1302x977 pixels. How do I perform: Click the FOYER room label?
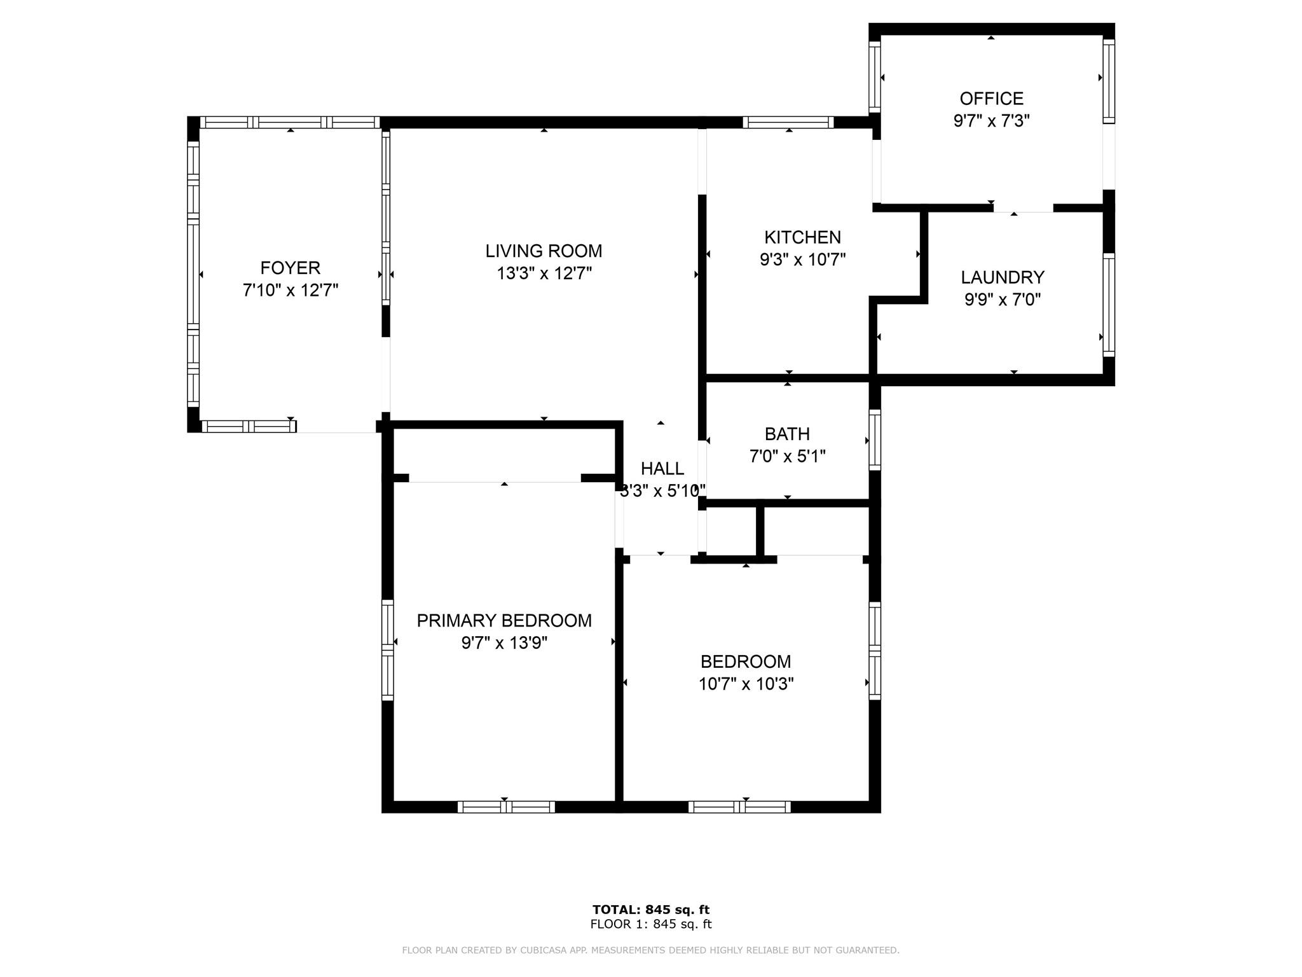[x=290, y=268]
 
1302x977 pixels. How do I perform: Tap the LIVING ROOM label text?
[x=544, y=251]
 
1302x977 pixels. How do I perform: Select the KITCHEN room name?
[x=802, y=237]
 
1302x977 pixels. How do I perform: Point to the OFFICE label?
[x=991, y=99]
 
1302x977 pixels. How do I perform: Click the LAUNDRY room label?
[x=1003, y=277]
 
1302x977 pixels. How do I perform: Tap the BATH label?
[x=787, y=434]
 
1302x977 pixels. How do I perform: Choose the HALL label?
[x=662, y=469]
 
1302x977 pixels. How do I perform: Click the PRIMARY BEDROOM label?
[x=504, y=621]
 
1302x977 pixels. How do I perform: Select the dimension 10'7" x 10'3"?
[x=746, y=684]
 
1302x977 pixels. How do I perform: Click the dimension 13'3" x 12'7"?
[x=544, y=274]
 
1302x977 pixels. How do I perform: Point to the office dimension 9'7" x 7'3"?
[x=991, y=121]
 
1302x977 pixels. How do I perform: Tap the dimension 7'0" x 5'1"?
[x=787, y=456]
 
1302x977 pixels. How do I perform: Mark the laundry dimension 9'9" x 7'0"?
[x=1003, y=300]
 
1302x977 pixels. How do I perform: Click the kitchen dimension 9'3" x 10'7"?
[x=802, y=260]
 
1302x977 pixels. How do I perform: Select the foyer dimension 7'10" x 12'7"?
[x=290, y=290]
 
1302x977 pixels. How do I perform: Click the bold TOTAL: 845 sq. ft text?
[x=651, y=910]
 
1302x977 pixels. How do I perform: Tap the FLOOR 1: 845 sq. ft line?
[x=651, y=924]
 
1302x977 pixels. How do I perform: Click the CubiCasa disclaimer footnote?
[x=651, y=950]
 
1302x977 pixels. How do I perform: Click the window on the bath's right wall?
[x=875, y=440]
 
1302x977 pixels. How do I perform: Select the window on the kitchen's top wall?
[x=788, y=122]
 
